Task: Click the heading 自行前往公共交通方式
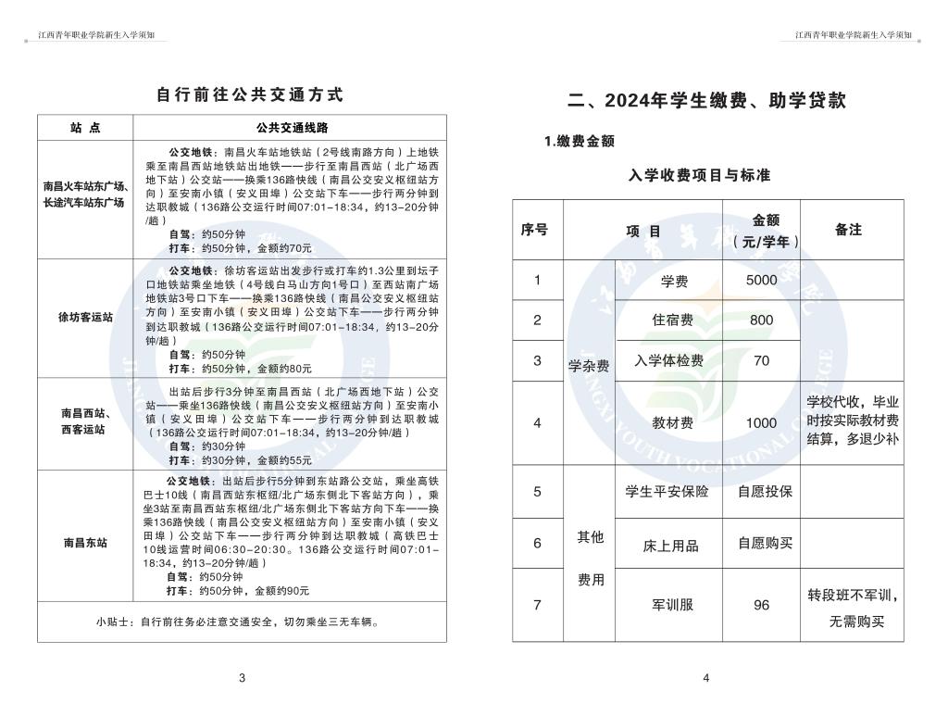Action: (249, 94)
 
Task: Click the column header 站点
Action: (85, 128)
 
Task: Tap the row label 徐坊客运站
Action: (85, 317)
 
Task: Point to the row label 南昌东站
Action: (85, 543)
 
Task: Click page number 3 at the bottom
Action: (242, 678)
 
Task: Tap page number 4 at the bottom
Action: (705, 678)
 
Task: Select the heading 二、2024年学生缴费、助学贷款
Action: (706, 101)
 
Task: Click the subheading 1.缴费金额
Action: (579, 141)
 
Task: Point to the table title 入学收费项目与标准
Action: (699, 174)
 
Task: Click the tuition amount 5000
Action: (761, 281)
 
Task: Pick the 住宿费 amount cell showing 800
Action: (761, 320)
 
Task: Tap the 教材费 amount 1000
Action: (761, 423)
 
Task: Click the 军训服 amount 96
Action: (761, 605)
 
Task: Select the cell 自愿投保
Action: (765, 491)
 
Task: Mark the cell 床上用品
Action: (670, 546)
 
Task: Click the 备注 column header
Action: (848, 230)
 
